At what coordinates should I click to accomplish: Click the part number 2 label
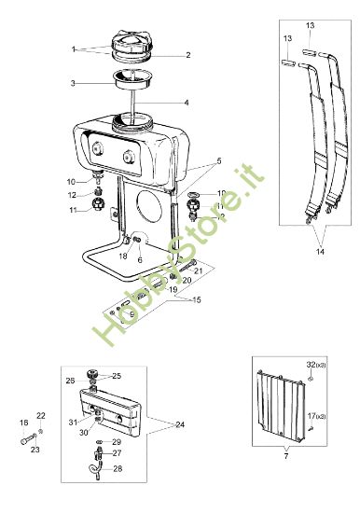point(188,55)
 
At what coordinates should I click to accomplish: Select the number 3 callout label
point(73,83)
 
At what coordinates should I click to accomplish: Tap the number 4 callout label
point(187,103)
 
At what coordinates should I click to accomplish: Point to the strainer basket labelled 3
point(132,79)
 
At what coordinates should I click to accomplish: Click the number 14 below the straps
point(320,252)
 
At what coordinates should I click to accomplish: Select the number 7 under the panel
point(286,456)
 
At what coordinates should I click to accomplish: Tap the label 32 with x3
point(316,365)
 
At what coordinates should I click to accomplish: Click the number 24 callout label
point(180,424)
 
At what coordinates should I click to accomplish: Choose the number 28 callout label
point(118,468)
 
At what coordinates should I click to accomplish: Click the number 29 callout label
point(117,442)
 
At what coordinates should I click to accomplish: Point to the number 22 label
point(41,416)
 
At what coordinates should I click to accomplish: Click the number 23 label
point(35,450)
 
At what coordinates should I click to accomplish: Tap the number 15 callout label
point(197,299)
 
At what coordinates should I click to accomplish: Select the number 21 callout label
point(199,270)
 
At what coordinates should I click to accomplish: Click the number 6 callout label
point(140,260)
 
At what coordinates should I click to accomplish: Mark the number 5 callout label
point(219,161)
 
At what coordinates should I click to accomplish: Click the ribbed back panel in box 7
point(281,405)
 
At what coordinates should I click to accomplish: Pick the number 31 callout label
point(73,423)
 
